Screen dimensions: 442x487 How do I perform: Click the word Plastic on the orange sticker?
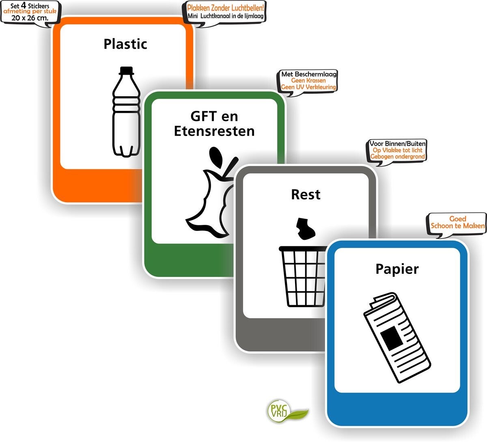coord(125,44)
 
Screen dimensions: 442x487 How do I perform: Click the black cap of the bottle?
coord(127,70)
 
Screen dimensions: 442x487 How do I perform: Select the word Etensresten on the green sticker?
coord(214,131)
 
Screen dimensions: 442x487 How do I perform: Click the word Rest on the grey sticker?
coord(306,194)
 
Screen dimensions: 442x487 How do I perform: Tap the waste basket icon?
coord(302,276)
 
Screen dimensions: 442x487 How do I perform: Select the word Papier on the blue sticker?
coord(396,269)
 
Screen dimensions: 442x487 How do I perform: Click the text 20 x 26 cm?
coord(30,17)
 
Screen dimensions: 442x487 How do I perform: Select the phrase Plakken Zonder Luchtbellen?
coord(225,8)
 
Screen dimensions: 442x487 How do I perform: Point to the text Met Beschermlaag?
coord(309,74)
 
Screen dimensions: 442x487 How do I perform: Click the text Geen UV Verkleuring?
coord(309,87)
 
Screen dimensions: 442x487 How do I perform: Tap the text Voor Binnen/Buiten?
coord(398,144)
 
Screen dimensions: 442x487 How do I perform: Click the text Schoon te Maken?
coord(457,226)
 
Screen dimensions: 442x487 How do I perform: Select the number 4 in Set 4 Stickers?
coord(24,5)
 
